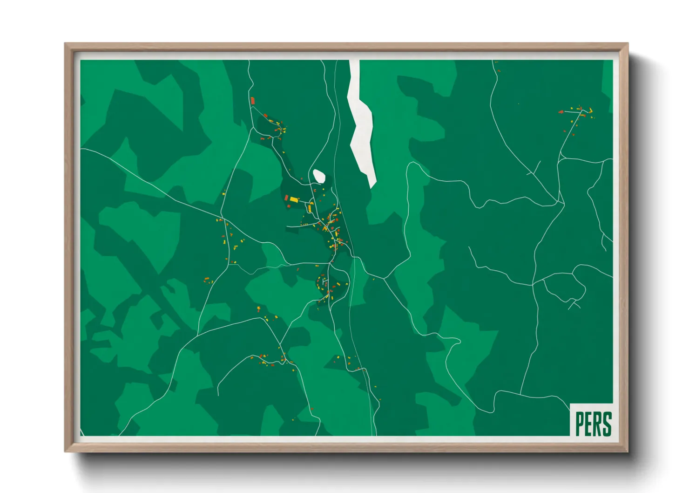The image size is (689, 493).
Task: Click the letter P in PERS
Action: click(580, 424)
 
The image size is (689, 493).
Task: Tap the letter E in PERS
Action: click(588, 424)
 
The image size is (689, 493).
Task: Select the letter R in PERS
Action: click(597, 424)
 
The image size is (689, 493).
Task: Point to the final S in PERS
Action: click(607, 424)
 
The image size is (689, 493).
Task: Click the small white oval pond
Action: click(319, 176)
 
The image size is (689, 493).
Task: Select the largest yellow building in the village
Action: click(294, 199)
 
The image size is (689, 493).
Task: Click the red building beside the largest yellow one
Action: click(287, 198)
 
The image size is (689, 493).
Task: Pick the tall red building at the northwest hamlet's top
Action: click(253, 101)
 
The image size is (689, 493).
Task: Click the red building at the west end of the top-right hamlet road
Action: click(561, 112)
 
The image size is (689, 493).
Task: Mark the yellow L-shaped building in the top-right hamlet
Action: click(590, 111)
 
